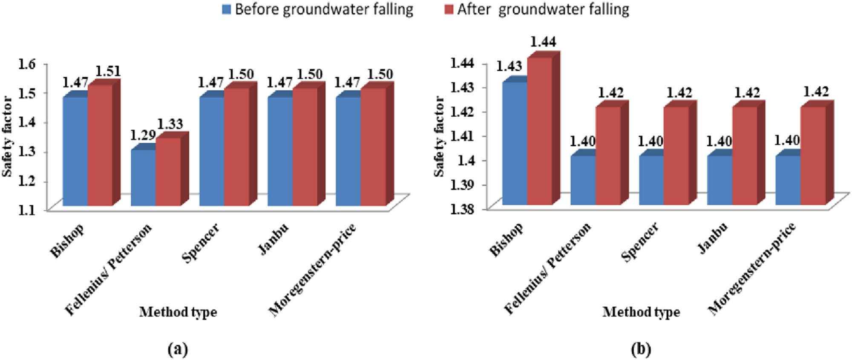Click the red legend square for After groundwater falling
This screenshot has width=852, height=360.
click(x=449, y=9)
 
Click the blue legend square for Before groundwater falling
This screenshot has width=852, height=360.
click(x=227, y=9)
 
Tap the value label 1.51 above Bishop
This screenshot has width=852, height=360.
click(x=107, y=71)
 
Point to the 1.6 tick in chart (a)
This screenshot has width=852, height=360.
click(x=27, y=64)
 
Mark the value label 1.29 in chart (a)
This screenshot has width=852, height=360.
click(x=143, y=135)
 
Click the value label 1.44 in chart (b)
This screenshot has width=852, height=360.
click(x=543, y=42)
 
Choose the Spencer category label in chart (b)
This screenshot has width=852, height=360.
click(x=640, y=242)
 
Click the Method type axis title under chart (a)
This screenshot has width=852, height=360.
click(x=178, y=312)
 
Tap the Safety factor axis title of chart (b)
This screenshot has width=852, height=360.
click(x=439, y=136)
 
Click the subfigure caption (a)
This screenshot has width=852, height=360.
click(x=178, y=349)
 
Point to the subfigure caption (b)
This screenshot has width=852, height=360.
click(x=641, y=349)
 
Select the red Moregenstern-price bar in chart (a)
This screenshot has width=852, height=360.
click(x=373, y=147)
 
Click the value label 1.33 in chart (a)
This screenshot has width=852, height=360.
click(x=170, y=124)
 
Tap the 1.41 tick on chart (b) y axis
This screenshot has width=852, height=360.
click(x=462, y=136)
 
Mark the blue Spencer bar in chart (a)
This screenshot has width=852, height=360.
click(x=212, y=151)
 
